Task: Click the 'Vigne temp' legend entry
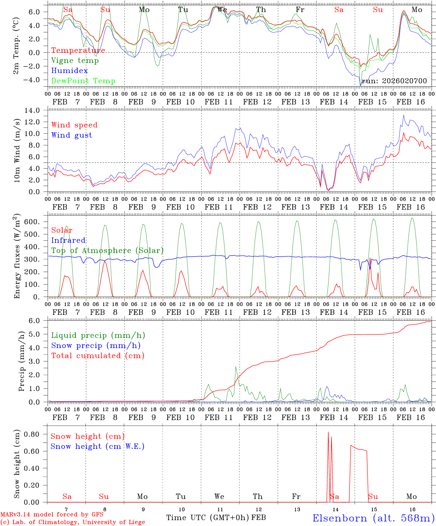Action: [x=75, y=61]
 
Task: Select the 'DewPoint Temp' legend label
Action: [x=83, y=81]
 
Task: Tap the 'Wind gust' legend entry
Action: [x=72, y=135]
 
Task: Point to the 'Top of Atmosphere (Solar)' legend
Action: [x=107, y=251]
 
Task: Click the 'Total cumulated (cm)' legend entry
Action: [x=98, y=356]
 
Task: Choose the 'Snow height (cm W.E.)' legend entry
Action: [x=97, y=446]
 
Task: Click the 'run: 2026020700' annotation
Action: [x=394, y=81]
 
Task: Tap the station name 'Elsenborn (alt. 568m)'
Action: [x=373, y=518]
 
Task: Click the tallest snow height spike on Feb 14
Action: [x=328, y=432]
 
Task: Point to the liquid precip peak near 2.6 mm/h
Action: [x=236, y=367]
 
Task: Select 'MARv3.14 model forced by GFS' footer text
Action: [x=52, y=515]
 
